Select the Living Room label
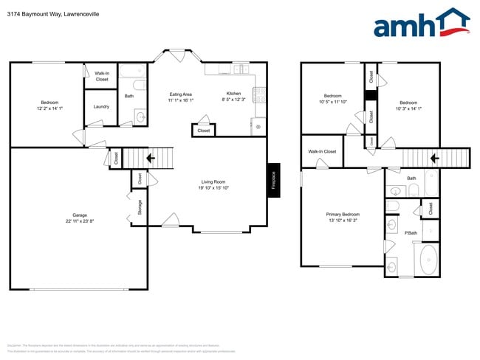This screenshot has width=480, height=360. click(214, 181)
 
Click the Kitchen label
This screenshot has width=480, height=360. click(233, 94)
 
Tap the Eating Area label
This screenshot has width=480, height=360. click(181, 94)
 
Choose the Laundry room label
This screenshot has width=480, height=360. click(101, 106)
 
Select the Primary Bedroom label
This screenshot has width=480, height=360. click(343, 215)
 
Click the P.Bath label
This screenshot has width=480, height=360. click(411, 233)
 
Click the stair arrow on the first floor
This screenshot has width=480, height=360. click(150, 158)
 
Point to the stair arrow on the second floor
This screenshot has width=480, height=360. click(434, 157)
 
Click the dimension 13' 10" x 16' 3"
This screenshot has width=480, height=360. click(343, 221)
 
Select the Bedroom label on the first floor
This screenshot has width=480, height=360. click(49, 103)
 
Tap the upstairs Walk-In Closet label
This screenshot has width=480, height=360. click(322, 151)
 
